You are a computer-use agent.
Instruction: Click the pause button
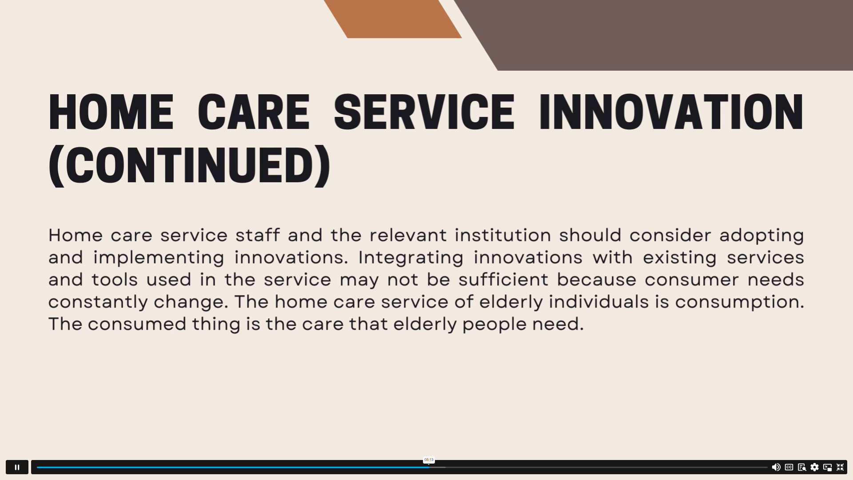(17, 467)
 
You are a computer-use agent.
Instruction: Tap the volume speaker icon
(776, 467)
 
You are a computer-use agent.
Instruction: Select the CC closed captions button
(789, 467)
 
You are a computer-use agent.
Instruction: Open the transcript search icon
(802, 467)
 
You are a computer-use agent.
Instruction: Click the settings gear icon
(814, 467)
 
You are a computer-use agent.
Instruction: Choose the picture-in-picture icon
(827, 467)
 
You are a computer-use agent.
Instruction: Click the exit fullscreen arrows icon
(840, 467)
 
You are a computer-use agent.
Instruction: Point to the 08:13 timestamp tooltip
(429, 460)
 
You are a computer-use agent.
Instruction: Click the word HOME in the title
(111, 112)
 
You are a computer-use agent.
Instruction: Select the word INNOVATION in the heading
(671, 112)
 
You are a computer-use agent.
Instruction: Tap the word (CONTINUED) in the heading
(190, 165)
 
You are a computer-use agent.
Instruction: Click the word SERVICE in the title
(424, 112)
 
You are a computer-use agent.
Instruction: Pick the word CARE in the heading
(254, 112)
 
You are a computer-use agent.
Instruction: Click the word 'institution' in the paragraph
(503, 235)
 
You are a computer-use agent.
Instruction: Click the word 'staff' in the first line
(258, 235)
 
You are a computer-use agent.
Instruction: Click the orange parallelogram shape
(393, 19)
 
